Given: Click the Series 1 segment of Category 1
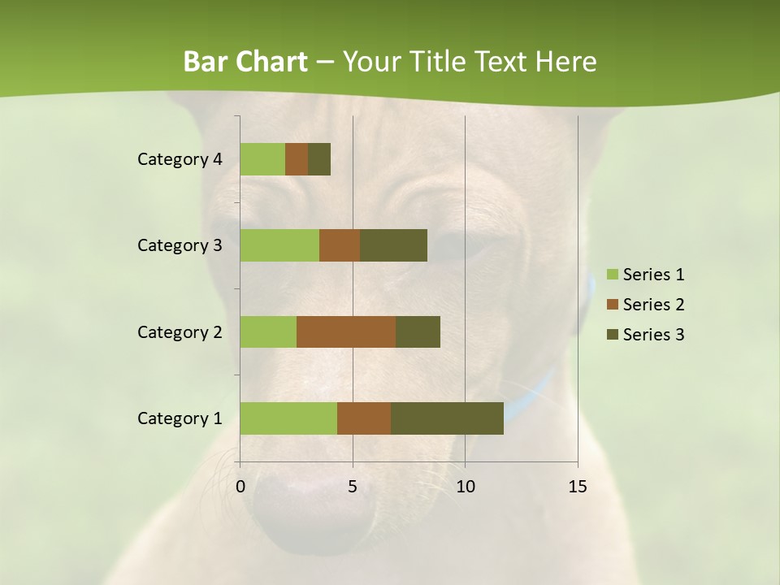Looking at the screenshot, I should (288, 418).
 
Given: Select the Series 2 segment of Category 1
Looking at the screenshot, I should (364, 418).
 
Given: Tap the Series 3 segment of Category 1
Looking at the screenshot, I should (447, 418).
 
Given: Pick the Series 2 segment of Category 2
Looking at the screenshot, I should (346, 331).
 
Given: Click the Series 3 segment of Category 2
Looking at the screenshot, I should (418, 331).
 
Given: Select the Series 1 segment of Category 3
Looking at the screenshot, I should (279, 245).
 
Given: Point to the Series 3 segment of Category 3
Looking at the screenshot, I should (393, 245).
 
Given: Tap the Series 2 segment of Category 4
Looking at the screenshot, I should (297, 159).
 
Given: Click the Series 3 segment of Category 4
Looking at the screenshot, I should (319, 159).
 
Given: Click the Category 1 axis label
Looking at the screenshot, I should (180, 418).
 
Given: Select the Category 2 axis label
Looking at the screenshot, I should (180, 331).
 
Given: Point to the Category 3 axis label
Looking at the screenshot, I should (180, 245).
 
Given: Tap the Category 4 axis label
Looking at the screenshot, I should (180, 159).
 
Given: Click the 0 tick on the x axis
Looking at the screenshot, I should (240, 487).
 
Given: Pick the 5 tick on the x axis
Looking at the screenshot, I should (353, 487).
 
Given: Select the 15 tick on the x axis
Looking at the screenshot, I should (577, 487).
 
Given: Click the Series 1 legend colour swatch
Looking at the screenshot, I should (613, 275).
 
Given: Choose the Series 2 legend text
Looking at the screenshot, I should (653, 305).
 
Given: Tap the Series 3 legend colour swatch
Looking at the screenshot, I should (613, 335).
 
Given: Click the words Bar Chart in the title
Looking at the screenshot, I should (245, 62).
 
